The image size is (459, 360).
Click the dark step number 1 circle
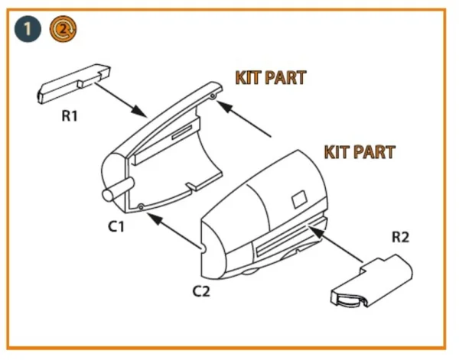tap(28, 29)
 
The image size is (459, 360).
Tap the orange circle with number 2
tap(63, 29)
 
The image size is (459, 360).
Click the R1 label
tap(70, 116)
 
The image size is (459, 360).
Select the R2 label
tap(400, 237)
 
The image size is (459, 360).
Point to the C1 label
tap(116, 226)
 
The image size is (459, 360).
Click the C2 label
tap(201, 291)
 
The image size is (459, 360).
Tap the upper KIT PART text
tap(271, 77)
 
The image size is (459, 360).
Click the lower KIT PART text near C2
tap(360, 152)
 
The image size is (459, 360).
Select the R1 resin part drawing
tap(73, 83)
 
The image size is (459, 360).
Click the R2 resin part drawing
tap(372, 281)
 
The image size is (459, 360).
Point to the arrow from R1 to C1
tap(120, 99)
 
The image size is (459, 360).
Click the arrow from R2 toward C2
tap(335, 244)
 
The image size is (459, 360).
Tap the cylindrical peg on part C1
tap(118, 190)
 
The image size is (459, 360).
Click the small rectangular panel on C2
tap(299, 199)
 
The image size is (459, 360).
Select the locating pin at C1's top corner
tap(213, 96)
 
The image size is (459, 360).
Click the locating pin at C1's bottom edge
tap(141, 207)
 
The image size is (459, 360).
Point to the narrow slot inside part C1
tap(182, 132)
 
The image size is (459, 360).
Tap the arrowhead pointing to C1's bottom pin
tap(155, 219)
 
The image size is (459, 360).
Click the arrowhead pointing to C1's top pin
tap(224, 106)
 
